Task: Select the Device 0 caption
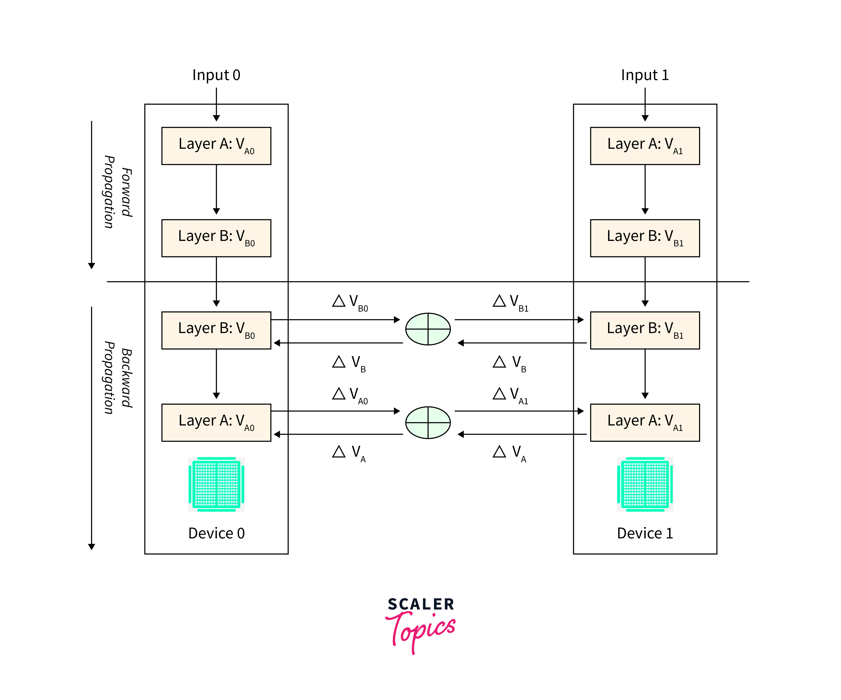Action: (x=216, y=533)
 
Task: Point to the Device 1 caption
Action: (x=645, y=533)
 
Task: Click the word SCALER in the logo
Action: (x=421, y=604)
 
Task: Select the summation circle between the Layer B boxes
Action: (x=428, y=329)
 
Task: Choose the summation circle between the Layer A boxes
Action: (x=428, y=423)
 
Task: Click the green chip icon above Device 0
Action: (x=216, y=484)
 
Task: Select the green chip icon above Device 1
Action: (x=645, y=484)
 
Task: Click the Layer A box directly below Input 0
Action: (x=216, y=146)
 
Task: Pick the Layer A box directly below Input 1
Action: (x=645, y=146)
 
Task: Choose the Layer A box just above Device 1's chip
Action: (x=645, y=423)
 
